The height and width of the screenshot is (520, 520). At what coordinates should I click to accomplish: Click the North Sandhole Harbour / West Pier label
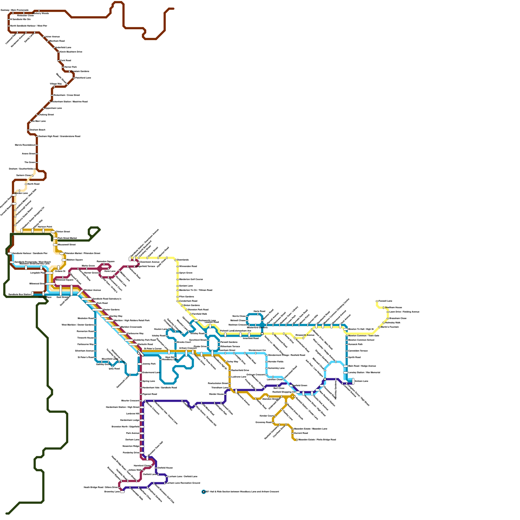pyautogui.click(x=29, y=26)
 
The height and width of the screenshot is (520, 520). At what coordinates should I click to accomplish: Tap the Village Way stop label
pyautogui.click(x=56, y=84)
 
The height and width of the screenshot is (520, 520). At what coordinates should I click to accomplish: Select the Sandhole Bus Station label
pyautogui.click(x=19, y=294)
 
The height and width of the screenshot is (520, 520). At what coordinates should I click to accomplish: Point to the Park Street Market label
pyautogui.click(x=67, y=238)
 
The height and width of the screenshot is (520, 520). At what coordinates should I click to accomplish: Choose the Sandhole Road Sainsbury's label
pyautogui.click(x=107, y=299)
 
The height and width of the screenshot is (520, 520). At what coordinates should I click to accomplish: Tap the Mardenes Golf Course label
pyautogui.click(x=191, y=279)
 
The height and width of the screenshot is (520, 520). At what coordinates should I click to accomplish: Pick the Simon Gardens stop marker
pyautogui.click(x=182, y=305)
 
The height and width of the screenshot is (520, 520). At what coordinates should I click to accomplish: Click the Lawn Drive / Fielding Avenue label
pyautogui.click(x=404, y=312)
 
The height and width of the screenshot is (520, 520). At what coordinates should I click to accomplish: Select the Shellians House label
pyautogui.click(x=394, y=307)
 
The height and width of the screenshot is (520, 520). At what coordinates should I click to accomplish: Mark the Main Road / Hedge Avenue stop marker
pyautogui.click(x=345, y=366)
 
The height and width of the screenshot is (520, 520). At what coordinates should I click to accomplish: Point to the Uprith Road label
pyautogui.click(x=354, y=357)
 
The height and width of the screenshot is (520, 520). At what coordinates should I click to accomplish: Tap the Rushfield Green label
pyautogui.click(x=300, y=385)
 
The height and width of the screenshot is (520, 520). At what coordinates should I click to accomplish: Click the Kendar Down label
pyautogui.click(x=266, y=416)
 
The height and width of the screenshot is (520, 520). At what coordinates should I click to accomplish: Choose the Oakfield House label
pyautogui.click(x=165, y=468)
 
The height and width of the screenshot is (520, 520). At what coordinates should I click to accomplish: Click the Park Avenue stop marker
pyautogui.click(x=142, y=433)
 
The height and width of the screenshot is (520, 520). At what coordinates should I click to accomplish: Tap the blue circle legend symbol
pyautogui.click(x=204, y=492)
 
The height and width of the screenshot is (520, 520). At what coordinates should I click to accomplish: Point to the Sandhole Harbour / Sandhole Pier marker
pyautogui.click(x=10, y=253)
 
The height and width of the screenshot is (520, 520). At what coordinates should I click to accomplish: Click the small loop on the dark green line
pyautogui.click(x=94, y=231)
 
